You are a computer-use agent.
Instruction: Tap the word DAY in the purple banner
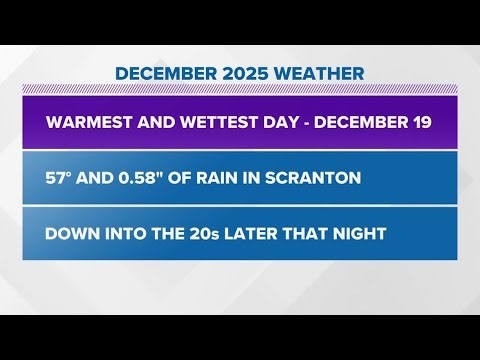tap(267, 123)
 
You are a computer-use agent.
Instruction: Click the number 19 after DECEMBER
tap(420, 123)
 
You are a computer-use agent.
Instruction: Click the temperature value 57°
tap(61, 179)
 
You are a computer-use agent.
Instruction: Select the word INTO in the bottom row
tap(129, 234)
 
